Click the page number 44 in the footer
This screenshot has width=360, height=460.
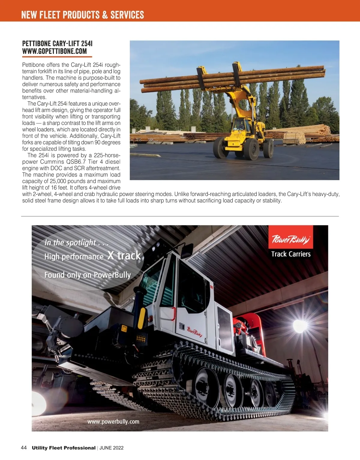(24, 448)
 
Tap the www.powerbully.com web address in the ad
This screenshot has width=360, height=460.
(113, 422)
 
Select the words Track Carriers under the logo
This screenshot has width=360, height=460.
(291, 254)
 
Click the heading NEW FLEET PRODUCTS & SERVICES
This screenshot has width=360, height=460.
(82, 15)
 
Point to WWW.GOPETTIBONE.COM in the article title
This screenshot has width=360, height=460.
(54, 51)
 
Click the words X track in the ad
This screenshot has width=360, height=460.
(124, 255)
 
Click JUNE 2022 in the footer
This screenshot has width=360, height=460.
(111, 448)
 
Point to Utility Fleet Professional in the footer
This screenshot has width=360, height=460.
(64, 448)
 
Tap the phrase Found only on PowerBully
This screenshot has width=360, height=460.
(87, 275)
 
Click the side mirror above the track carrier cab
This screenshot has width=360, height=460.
(187, 251)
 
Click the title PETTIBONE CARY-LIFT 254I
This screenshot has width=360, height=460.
(57, 44)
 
